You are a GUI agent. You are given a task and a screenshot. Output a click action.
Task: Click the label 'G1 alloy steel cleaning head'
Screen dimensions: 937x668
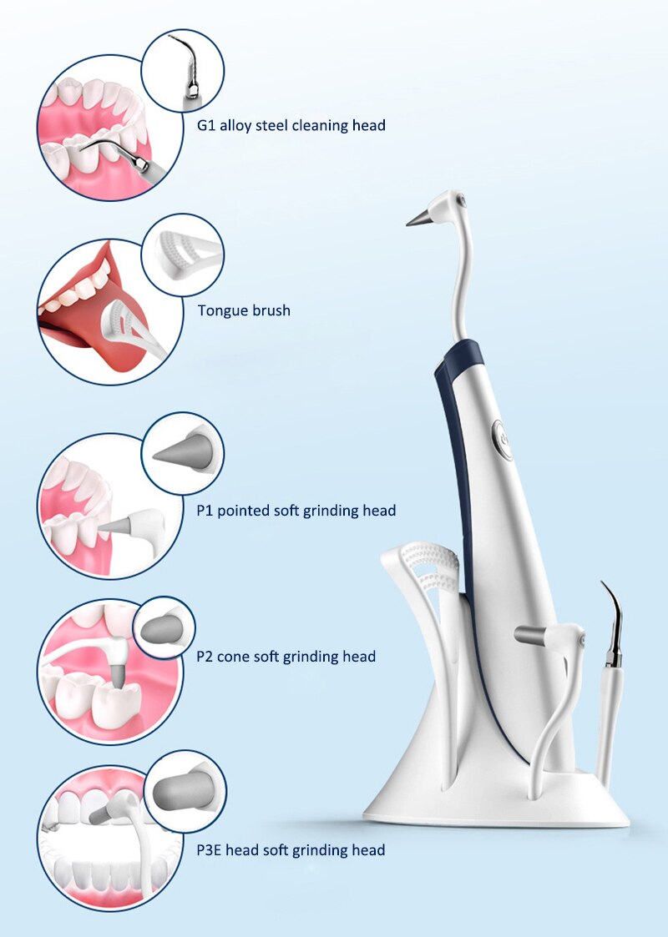point(286,126)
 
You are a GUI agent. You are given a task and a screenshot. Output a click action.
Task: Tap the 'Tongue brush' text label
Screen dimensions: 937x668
point(244,310)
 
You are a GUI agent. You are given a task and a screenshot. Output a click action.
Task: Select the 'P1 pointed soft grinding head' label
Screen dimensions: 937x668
point(296,510)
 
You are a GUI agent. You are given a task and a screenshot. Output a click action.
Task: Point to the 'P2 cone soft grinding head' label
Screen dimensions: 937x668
point(286,657)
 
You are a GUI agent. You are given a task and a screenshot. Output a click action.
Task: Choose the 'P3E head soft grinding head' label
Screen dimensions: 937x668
point(291,850)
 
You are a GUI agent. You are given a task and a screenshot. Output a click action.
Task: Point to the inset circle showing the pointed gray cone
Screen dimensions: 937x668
point(182,454)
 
